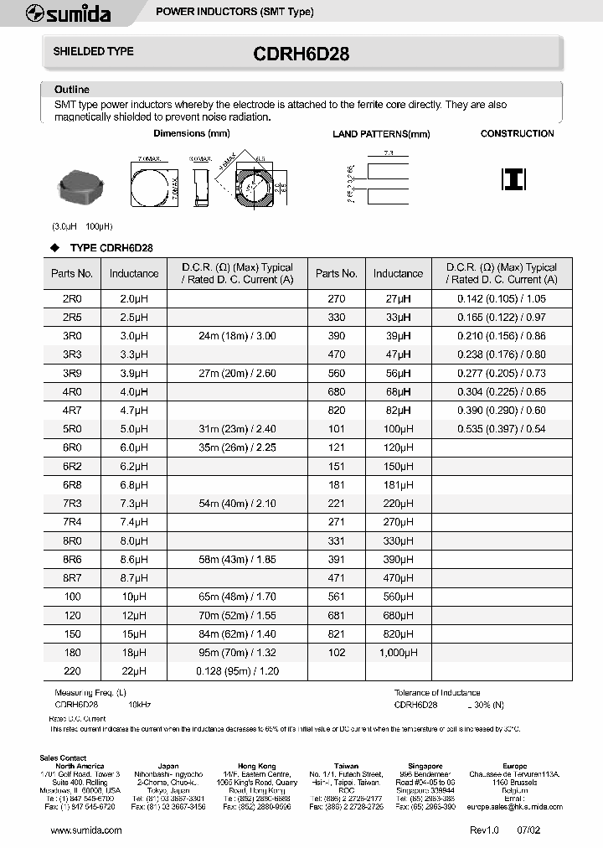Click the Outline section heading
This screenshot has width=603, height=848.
tap(71, 90)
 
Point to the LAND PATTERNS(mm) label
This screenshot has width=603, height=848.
tap(381, 134)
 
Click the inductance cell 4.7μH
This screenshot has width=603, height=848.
tap(133, 409)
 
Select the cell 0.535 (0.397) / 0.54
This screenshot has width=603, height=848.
tap(501, 429)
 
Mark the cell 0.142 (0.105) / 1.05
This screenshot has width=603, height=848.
tap(501, 299)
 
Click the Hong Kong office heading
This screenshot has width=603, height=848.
tap(255, 766)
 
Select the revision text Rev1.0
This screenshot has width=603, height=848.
tap(483, 830)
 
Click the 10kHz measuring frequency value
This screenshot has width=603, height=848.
tap(140, 706)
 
